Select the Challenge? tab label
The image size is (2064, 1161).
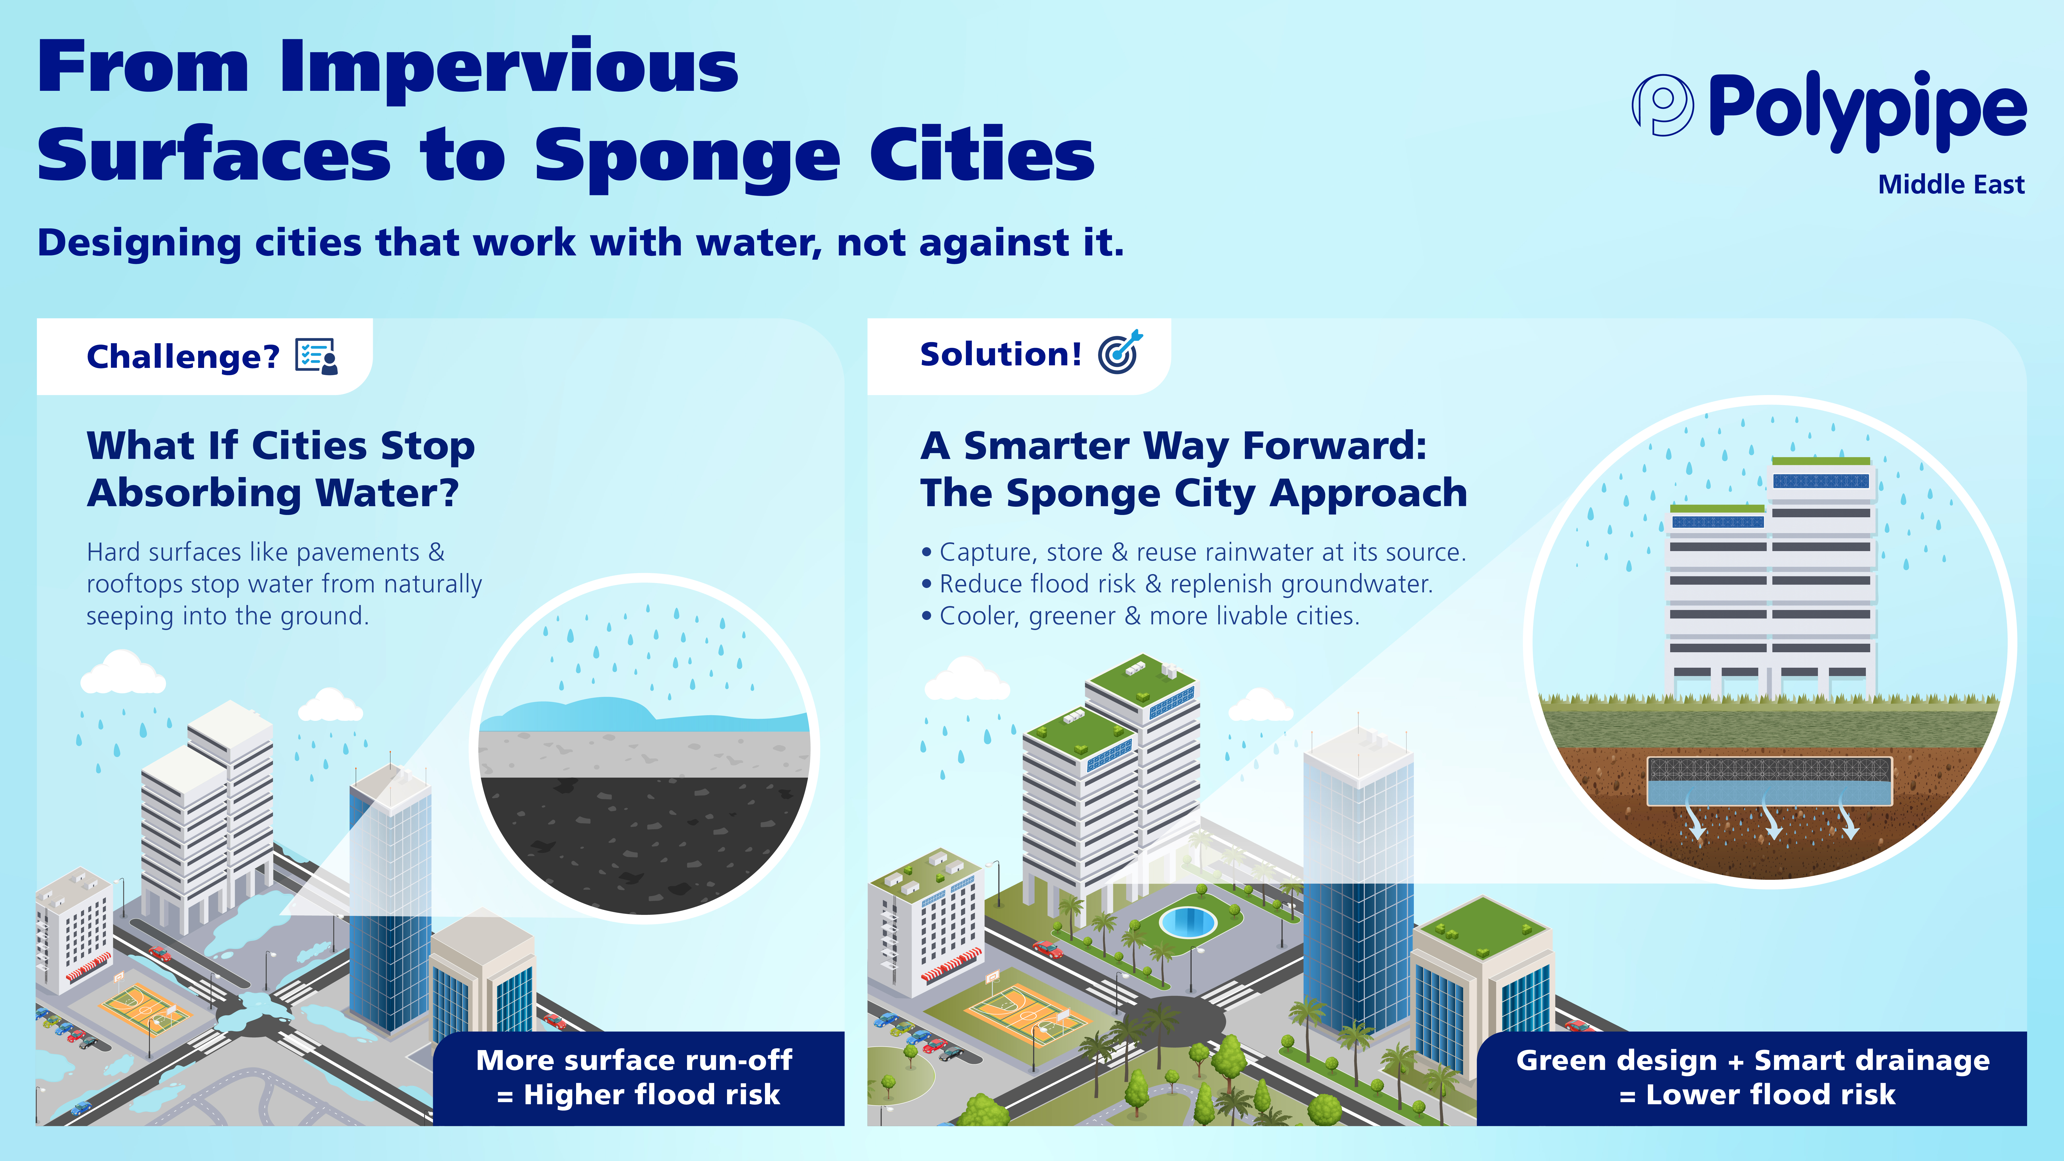pos(183,357)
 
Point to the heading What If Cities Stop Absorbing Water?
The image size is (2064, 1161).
pos(280,469)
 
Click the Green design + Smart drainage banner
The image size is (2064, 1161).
pos(1752,1078)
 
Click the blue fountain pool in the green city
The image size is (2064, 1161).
pos(1187,921)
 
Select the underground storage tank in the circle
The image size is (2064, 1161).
pos(1768,781)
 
